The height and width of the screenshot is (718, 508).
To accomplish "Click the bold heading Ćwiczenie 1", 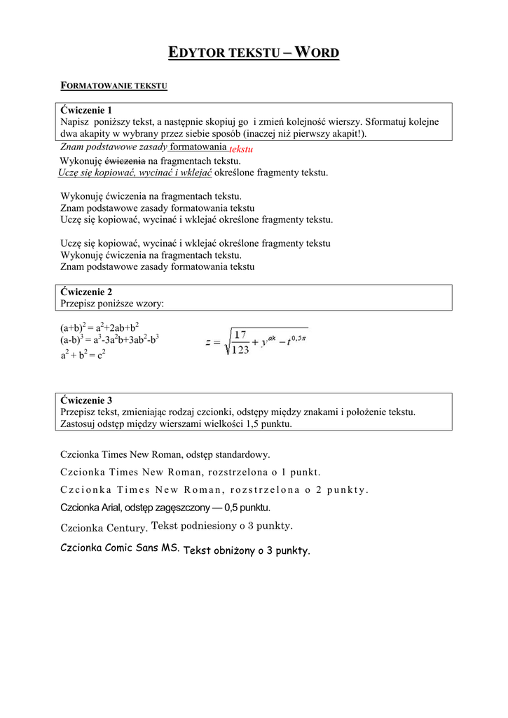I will [x=86, y=110].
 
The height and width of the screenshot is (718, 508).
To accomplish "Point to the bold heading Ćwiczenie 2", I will [x=86, y=292].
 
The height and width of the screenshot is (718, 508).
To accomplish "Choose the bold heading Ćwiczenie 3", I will [x=86, y=400].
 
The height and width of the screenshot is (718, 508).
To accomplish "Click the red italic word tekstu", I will [x=240, y=149].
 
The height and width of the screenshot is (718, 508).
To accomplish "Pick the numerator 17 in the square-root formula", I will [x=240, y=334].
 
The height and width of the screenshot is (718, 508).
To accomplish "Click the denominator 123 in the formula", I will [x=240, y=349].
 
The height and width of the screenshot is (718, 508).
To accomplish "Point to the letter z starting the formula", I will [x=208, y=343].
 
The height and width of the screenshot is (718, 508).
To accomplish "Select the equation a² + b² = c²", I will [x=83, y=355].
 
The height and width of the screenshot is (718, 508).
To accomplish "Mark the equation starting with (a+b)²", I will [x=99, y=327].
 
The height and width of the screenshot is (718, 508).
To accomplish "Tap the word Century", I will [x=126, y=527].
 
